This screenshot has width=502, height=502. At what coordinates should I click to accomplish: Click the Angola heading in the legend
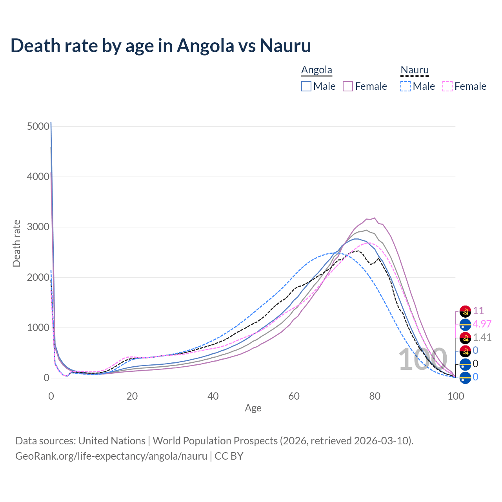tap(316, 70)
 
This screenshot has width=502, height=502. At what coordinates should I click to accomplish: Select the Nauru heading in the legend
tap(415, 70)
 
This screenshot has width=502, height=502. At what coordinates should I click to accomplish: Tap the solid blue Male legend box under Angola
tap(306, 86)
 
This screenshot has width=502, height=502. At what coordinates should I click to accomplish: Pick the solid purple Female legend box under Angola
tap(348, 86)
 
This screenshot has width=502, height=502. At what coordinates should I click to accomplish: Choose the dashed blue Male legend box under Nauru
tap(406, 86)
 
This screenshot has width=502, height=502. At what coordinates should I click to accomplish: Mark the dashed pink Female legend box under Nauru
tap(447, 86)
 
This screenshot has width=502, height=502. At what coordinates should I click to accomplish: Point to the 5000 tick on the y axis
tap(38, 126)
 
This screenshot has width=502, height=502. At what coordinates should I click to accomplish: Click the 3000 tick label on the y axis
tap(38, 227)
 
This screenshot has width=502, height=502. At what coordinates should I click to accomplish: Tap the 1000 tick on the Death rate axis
tap(38, 327)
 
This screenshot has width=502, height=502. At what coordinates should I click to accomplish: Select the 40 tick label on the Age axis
tap(213, 396)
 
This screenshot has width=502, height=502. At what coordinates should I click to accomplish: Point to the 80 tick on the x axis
tap(375, 396)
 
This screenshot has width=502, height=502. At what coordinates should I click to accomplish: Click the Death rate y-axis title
tap(16, 244)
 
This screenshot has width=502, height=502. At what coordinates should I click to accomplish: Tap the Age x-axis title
tap(253, 408)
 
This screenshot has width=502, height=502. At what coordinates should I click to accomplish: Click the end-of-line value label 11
tap(478, 311)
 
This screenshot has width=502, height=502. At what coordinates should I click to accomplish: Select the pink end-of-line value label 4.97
tap(482, 324)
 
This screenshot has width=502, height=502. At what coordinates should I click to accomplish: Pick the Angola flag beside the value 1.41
tap(465, 338)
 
